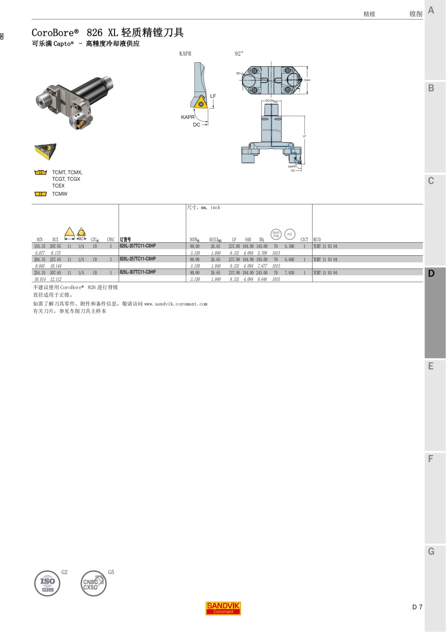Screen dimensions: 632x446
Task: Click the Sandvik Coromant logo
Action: (223, 608)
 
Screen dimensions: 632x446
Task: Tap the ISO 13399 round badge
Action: (47, 584)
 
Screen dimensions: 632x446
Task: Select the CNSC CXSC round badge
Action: (93, 584)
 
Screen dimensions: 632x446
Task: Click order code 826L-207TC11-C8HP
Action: (138, 246)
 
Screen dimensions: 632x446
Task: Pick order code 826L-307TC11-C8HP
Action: (138, 272)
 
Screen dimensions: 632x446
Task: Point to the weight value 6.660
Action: (289, 259)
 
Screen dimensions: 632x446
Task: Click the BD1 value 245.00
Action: (262, 273)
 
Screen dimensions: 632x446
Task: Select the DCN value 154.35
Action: (40, 246)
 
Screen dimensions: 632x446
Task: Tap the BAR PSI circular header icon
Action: (276, 234)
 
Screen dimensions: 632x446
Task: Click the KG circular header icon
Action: (290, 234)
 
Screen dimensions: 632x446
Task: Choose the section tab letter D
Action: (431, 274)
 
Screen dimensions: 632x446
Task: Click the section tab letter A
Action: (431, 10)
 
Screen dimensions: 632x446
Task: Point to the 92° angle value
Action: (239, 54)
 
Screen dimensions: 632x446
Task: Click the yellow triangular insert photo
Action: (45, 151)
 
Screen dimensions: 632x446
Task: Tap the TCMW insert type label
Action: (59, 194)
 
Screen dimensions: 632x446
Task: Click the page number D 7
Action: (417, 607)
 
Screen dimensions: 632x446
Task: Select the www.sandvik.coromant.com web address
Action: (175, 304)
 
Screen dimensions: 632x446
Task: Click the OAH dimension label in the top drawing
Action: (307, 80)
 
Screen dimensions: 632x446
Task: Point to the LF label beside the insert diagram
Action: (213, 96)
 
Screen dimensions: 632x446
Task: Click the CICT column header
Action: (304, 239)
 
